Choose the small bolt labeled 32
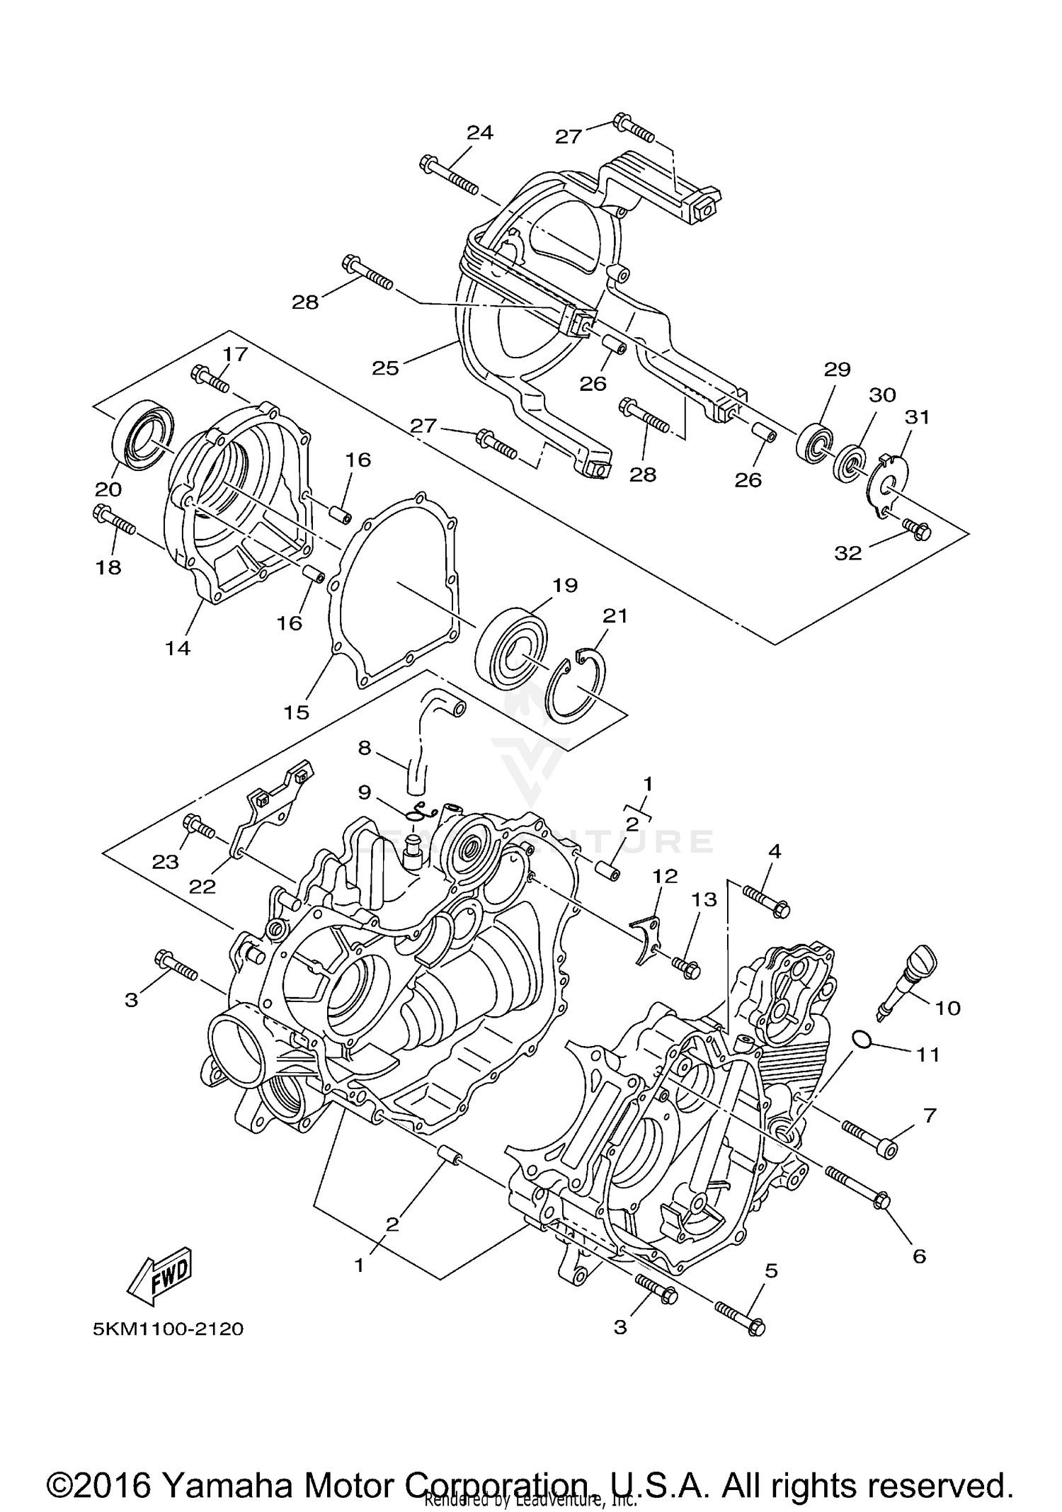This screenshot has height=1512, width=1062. pyautogui.click(x=916, y=529)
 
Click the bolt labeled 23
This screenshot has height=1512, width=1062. pyautogui.click(x=198, y=826)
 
